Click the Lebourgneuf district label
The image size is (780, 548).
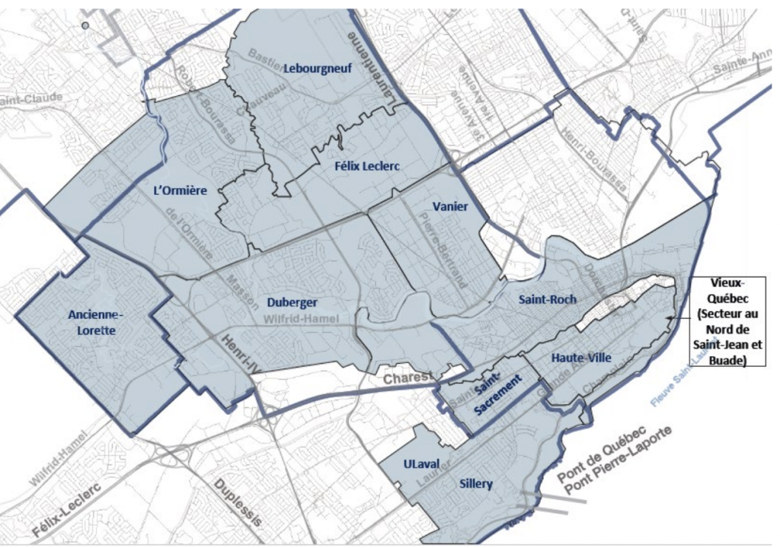[318, 68]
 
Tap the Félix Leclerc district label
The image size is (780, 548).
[367, 165]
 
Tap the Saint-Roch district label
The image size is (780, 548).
[547, 299]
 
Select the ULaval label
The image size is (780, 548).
[417, 464]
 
